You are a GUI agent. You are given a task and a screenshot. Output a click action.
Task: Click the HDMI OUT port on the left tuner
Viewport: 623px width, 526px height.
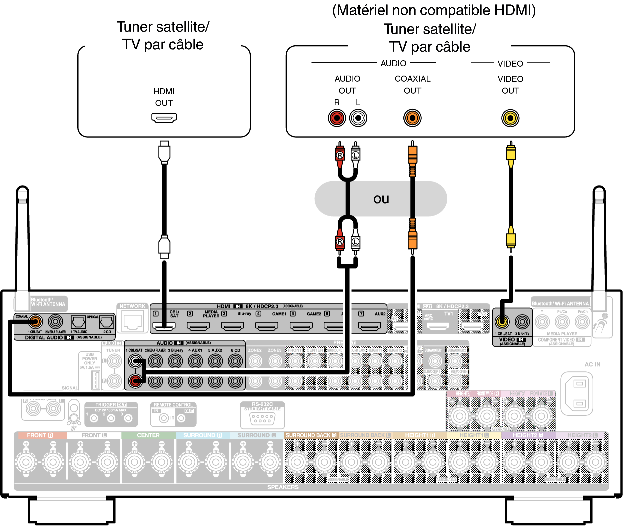[x=164, y=118]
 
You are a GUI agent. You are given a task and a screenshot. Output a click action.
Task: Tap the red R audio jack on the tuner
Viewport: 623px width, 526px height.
[x=337, y=118]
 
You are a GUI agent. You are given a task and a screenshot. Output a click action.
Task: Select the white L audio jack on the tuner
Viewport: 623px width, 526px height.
[x=358, y=118]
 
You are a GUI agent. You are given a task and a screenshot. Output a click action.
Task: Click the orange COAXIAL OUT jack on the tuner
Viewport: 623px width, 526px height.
[x=412, y=118]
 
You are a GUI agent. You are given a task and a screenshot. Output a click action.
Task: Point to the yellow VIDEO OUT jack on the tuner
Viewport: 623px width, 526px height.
[x=510, y=118]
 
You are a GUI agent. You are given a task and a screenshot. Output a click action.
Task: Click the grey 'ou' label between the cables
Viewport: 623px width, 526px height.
[x=381, y=199]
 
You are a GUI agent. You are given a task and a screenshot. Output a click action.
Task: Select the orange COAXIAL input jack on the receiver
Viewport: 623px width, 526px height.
[x=35, y=321]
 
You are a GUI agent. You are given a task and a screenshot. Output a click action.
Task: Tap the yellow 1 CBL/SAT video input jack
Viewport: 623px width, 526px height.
[x=502, y=321]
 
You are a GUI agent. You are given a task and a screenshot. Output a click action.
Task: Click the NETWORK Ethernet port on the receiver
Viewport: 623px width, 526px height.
[x=133, y=322]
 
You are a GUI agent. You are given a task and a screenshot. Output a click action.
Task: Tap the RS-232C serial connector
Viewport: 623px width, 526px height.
[x=262, y=418]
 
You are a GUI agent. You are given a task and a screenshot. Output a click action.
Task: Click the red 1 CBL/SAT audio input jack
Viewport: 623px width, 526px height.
[x=135, y=381]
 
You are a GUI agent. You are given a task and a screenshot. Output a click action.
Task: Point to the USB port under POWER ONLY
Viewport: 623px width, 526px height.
[x=96, y=379]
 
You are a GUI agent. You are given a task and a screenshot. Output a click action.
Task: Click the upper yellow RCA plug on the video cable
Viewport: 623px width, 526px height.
[x=511, y=153]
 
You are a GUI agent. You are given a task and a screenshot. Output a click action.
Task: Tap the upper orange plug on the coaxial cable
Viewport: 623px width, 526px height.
[x=412, y=154]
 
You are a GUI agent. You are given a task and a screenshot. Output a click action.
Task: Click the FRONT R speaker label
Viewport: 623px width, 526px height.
[x=40, y=435]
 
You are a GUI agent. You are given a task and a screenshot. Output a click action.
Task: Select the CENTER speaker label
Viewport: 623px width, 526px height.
[x=148, y=435]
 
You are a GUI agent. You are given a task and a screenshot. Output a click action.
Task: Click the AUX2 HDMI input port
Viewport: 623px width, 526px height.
[x=369, y=326]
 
